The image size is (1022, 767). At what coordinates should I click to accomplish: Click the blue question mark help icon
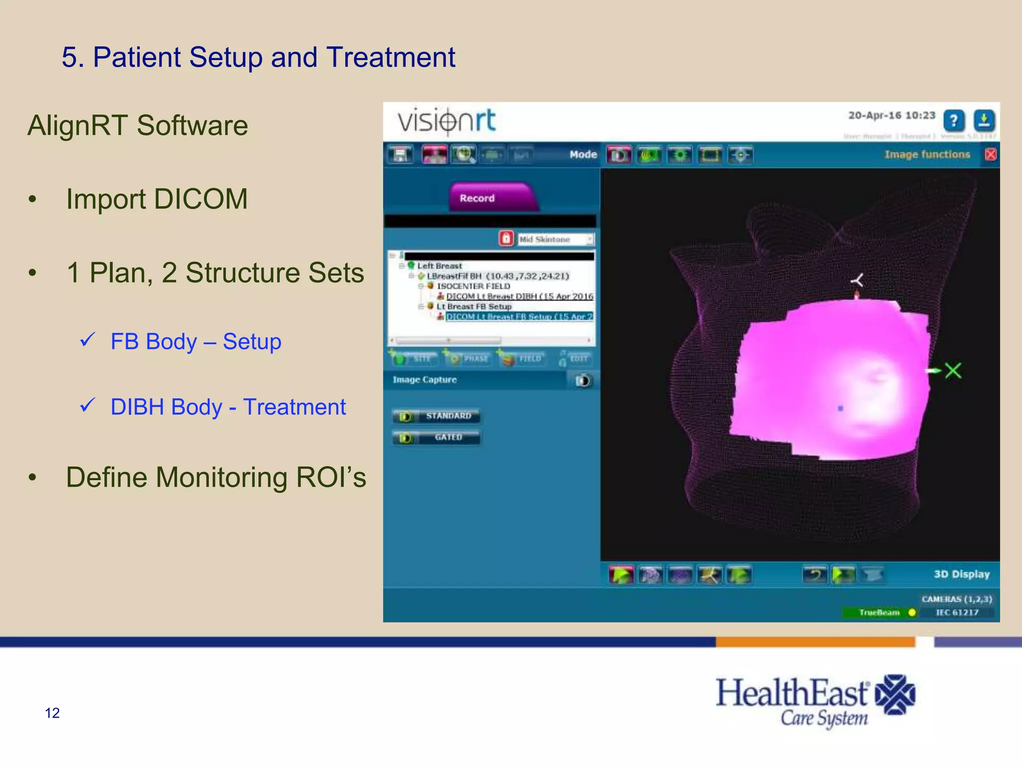coord(954,121)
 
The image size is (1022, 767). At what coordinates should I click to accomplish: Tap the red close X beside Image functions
coord(991,154)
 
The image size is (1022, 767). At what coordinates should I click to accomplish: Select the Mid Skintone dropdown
coord(555,239)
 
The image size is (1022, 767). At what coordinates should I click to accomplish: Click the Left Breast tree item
coord(439,266)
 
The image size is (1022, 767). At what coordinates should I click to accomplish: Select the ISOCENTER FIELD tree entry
coord(473,286)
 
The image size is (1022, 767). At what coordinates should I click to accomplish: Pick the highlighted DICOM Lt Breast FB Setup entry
coord(519,317)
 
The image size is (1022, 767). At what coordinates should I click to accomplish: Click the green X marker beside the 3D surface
coord(953,371)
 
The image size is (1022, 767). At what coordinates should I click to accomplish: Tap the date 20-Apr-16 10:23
coord(891,115)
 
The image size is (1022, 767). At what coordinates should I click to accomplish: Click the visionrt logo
coord(447,121)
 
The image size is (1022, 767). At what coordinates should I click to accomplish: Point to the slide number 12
coord(52,713)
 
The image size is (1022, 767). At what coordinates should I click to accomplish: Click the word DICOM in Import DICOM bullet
coord(201,199)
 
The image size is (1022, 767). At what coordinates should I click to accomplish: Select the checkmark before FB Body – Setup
coord(88,340)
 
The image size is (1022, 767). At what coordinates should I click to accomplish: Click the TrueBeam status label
coord(879,612)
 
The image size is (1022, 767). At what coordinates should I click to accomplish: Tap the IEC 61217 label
coord(957,612)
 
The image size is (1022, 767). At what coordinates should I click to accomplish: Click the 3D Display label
coord(961,574)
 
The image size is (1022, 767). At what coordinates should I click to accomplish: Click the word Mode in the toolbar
coord(583,154)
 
